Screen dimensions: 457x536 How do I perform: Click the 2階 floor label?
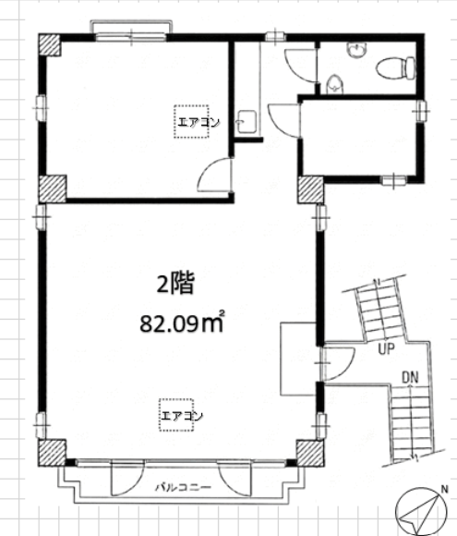tap(175, 283)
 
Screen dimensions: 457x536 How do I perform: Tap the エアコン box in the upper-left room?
tap(191, 122)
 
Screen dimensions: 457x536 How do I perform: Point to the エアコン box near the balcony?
tap(176, 415)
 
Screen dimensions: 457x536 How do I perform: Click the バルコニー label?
tap(184, 487)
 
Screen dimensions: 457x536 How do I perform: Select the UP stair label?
tap(386, 348)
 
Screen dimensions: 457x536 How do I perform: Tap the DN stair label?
tap(410, 377)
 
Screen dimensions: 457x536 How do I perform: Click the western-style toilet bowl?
tap(396, 68)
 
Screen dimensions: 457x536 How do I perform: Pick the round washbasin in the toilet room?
tap(357, 50)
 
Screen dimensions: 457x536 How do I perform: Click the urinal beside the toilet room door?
tap(334, 84)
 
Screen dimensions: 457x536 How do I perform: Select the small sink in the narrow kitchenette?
tap(246, 122)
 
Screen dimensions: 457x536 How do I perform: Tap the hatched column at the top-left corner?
tap(50, 44)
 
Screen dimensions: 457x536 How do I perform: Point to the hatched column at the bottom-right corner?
tap(310, 453)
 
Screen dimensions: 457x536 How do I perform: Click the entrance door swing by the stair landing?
tap(338, 364)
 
